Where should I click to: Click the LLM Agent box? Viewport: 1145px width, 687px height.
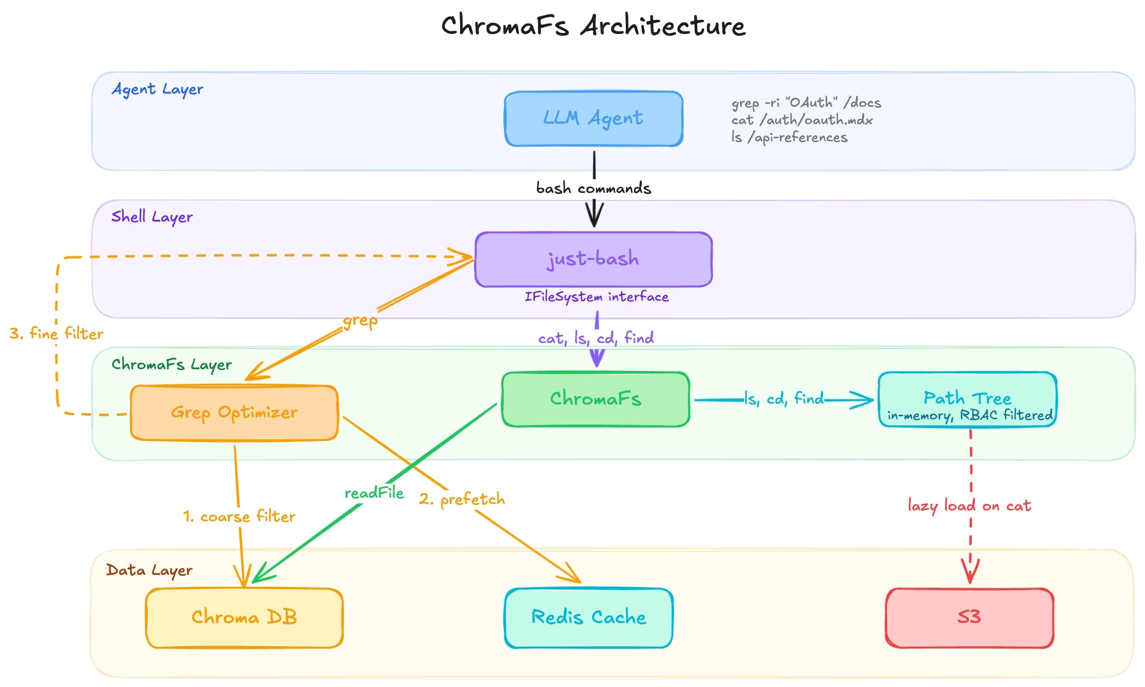[593, 119]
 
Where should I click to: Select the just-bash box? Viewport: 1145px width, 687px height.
[593, 259]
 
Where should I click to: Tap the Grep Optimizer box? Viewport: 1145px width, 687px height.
[234, 412]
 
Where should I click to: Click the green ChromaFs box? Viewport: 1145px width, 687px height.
[595, 399]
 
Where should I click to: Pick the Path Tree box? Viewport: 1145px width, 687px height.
[967, 400]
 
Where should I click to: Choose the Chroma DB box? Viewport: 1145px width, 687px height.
[244, 617]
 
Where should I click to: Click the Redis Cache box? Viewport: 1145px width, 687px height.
[588, 617]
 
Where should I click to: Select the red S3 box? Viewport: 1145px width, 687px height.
[969, 617]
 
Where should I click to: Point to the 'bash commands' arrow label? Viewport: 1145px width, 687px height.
[593, 188]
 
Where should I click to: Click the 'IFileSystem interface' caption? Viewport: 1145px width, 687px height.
[596, 297]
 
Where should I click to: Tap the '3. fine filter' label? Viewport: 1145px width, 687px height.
[57, 334]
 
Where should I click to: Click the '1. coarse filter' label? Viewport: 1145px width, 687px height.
[239, 516]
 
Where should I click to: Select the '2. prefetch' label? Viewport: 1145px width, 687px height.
[462, 500]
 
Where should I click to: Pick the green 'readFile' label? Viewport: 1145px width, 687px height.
[374, 493]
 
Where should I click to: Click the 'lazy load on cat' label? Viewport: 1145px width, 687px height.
[969, 506]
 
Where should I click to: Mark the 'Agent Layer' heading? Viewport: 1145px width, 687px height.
[157, 90]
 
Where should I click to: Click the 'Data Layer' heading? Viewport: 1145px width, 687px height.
[149, 570]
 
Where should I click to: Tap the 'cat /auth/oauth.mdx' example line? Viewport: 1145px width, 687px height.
[802, 120]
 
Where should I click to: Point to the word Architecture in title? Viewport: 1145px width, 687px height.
[663, 26]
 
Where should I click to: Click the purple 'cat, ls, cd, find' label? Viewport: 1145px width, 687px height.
[596, 338]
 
